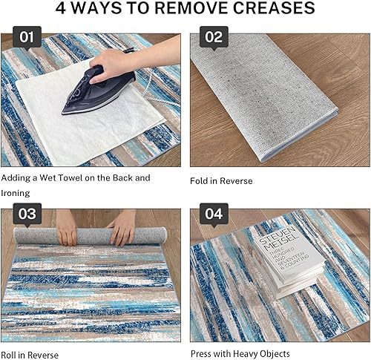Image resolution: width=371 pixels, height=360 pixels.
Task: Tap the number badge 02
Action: tap(214, 37)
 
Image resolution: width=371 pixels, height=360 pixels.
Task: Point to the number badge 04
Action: tap(214, 215)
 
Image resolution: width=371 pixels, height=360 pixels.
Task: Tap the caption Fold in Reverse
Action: tap(221, 180)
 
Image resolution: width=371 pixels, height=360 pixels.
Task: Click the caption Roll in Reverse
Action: tap(30, 354)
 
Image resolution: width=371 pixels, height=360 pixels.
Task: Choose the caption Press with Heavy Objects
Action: tap(240, 353)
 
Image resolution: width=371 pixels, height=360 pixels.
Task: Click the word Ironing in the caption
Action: tap(16, 193)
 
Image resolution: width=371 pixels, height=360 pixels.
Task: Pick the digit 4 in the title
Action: tap(62, 9)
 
